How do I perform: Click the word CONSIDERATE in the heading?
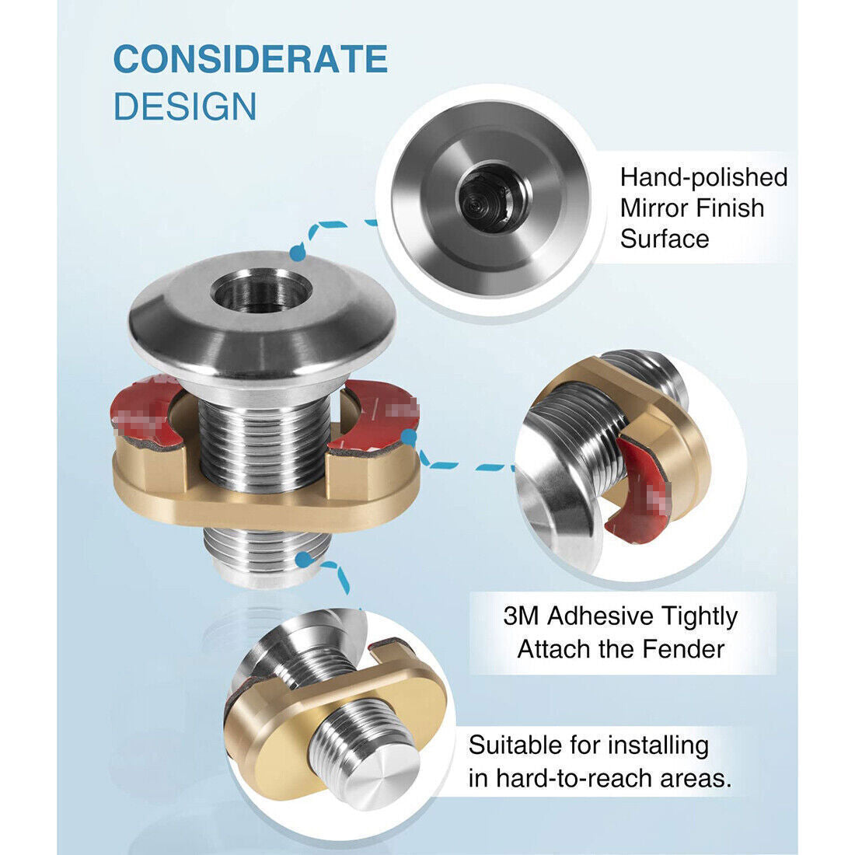pyautogui.click(x=250, y=59)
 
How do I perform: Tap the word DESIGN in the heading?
pyautogui.click(x=185, y=106)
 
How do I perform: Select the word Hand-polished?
pyautogui.click(x=703, y=178)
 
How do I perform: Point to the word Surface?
pyautogui.click(x=664, y=239)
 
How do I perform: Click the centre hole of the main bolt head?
pyautogui.click(x=261, y=291)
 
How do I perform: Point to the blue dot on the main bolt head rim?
pyautogui.click(x=296, y=253)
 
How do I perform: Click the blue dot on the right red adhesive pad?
pyautogui.click(x=409, y=436)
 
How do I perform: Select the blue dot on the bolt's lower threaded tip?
pyautogui.click(x=303, y=558)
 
